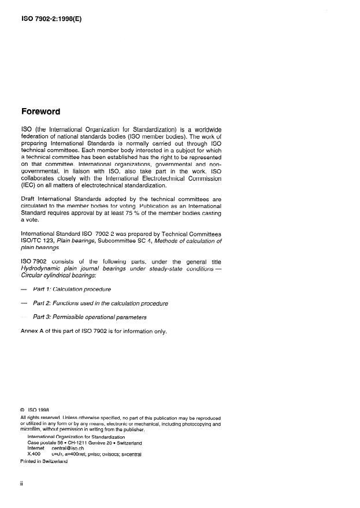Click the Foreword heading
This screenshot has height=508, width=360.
(x=41, y=112)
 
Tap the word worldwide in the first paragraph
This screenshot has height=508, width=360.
(x=205, y=128)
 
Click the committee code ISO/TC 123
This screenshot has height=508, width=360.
(x=38, y=241)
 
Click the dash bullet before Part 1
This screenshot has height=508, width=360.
(x=24, y=289)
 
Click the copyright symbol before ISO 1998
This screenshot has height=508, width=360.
(x=23, y=410)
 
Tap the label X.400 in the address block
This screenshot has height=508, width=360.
(x=34, y=454)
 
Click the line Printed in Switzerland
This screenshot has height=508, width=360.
(x=44, y=461)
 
